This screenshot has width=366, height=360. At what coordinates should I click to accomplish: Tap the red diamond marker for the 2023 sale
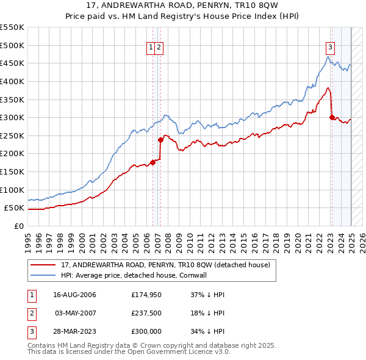click(332, 117)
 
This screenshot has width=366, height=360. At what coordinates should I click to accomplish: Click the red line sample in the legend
click(42, 265)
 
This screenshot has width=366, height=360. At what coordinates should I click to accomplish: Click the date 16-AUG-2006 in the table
click(75, 295)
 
